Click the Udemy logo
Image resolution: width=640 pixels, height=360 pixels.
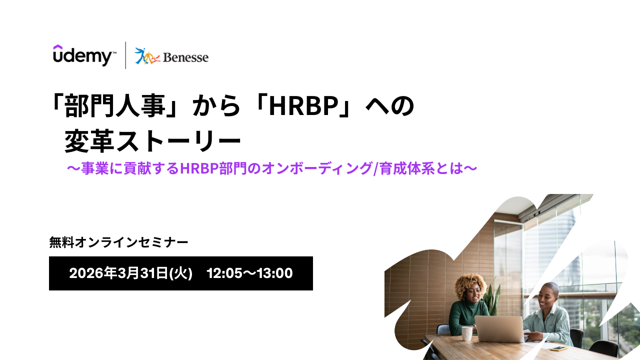tap(84, 55)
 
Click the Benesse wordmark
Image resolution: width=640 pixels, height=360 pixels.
tap(185, 57)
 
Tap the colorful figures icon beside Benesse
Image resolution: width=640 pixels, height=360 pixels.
tap(147, 56)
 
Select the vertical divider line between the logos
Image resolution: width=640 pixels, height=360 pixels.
tap(125, 55)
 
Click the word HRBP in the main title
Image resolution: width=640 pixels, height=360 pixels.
tap(303, 106)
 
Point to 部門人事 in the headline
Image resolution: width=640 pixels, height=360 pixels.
tap(115, 106)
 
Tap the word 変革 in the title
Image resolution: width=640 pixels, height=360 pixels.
tap(89, 141)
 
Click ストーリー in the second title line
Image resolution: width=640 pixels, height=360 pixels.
tap(179, 141)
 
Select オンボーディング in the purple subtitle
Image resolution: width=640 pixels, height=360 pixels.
tap(317, 168)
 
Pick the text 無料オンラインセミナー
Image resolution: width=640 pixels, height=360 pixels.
tap(119, 242)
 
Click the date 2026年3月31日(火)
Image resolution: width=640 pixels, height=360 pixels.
tap(131, 273)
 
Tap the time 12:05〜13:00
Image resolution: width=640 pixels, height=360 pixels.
tap(249, 273)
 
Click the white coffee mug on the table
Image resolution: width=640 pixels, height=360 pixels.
tap(467, 333)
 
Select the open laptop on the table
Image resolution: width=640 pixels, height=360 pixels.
tap(499, 329)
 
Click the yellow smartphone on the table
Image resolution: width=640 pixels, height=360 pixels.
tap(558, 348)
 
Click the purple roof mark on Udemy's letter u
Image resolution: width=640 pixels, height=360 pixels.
tap(57, 47)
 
